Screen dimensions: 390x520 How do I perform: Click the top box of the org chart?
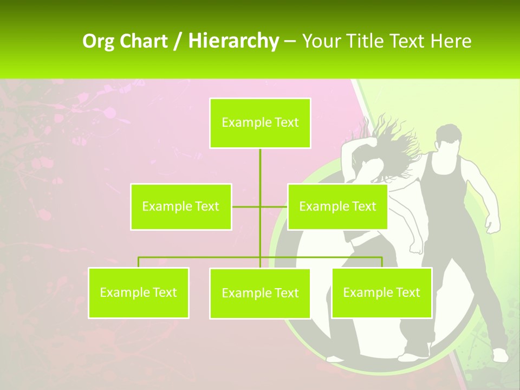tap(260, 123)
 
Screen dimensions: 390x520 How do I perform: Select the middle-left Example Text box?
tap(180, 206)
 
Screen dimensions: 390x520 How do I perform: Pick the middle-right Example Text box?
tap(337, 206)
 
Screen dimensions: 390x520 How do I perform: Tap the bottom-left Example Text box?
tap(138, 292)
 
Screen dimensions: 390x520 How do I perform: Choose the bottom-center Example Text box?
tap(260, 293)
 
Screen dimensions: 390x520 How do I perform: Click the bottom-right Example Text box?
tap(381, 292)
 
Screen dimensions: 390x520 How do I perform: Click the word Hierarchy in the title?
tap(233, 41)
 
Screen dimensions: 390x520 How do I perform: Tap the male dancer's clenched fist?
tap(492, 224)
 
